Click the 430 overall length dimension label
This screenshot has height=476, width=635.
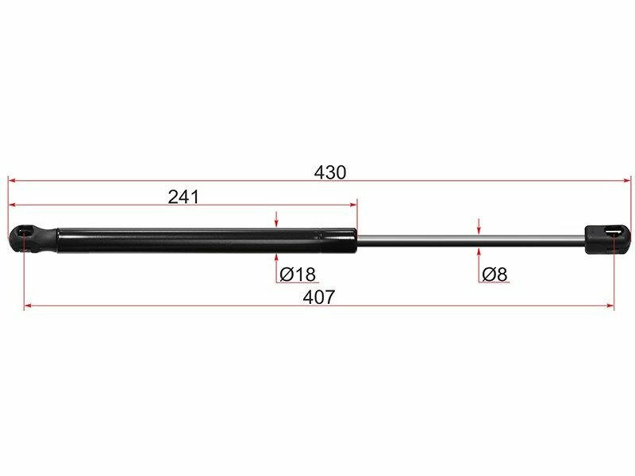click(330, 172)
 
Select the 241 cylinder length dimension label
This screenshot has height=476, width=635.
click(183, 197)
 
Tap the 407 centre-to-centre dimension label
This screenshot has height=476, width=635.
click(319, 297)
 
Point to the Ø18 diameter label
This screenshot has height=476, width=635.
click(298, 274)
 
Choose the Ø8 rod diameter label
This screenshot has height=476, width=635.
click(495, 274)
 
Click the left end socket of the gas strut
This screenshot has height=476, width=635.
click(33, 240)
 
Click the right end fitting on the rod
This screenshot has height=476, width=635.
click(608, 240)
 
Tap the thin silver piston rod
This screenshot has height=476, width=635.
click(471, 240)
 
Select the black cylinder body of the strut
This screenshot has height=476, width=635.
click(206, 240)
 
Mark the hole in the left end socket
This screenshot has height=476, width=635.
click(25, 232)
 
